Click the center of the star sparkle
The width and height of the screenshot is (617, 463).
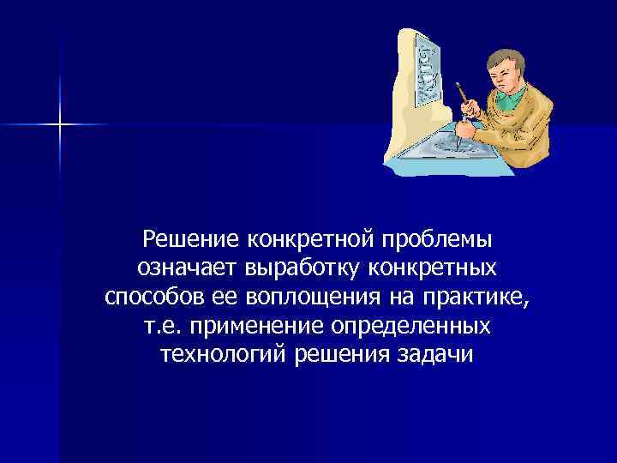tap(61, 125)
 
